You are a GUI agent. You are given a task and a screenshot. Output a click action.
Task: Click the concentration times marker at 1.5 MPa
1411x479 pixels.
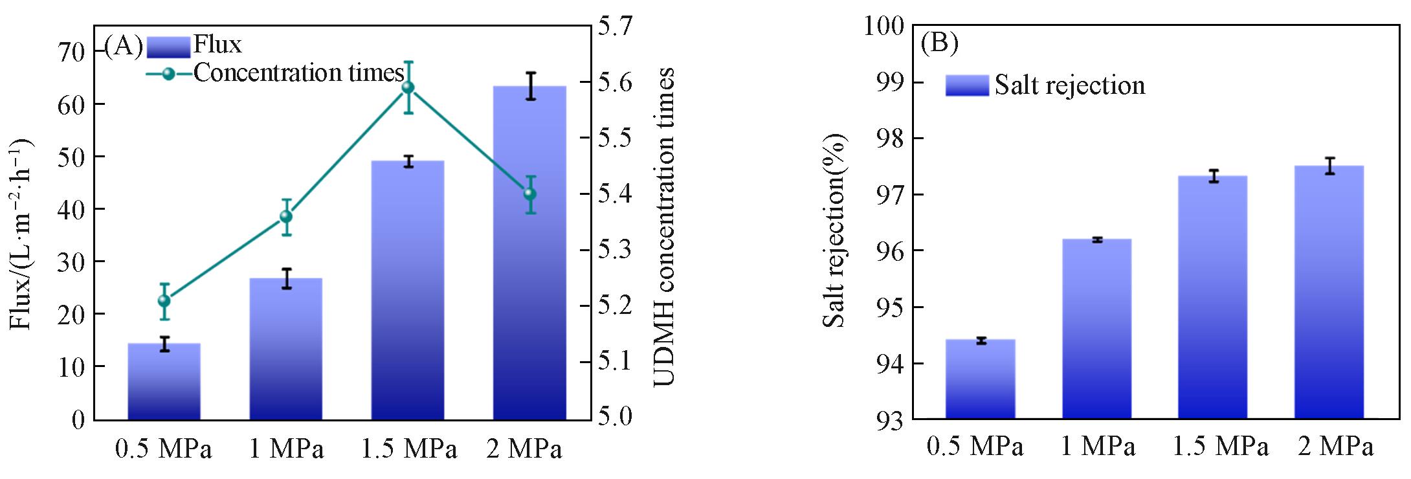408,87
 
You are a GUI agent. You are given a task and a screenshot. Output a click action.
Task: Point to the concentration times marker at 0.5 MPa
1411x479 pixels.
164,301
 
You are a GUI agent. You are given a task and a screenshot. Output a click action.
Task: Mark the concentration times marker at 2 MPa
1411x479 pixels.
530,194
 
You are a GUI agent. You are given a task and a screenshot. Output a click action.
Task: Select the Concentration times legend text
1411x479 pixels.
298,73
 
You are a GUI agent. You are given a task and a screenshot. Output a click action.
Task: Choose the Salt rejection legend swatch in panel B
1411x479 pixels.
967,85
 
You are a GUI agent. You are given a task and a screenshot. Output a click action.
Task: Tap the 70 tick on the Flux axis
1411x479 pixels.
71,52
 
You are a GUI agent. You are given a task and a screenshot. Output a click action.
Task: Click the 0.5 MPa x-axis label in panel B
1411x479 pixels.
975,447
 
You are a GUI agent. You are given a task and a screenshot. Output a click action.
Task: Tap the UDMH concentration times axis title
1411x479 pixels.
664,227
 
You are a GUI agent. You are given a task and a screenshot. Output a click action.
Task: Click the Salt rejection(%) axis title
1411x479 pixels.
835,230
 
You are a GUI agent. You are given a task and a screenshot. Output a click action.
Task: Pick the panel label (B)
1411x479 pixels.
939,43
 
